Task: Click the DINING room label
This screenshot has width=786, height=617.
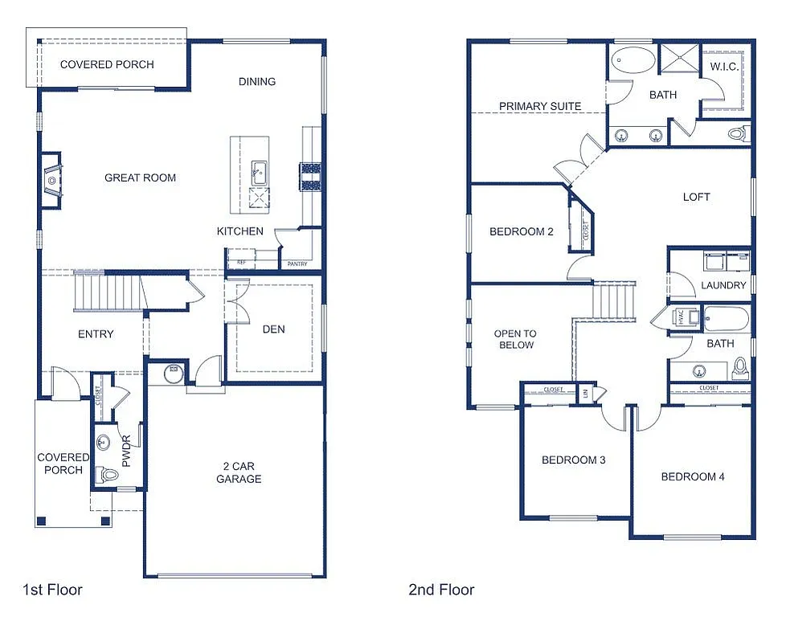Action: click(x=257, y=81)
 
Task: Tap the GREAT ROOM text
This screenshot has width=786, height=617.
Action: click(x=140, y=178)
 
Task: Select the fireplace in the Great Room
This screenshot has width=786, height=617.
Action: click(x=51, y=180)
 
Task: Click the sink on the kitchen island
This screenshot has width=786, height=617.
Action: click(x=260, y=171)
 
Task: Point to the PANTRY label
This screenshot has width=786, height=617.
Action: click(x=296, y=263)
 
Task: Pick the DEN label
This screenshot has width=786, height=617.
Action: click(x=273, y=329)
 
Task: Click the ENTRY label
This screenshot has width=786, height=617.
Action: click(x=96, y=334)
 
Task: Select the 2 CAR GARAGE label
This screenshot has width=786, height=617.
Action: click(x=239, y=472)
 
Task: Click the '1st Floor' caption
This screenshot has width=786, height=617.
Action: click(x=52, y=590)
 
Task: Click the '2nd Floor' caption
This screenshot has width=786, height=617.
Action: click(x=441, y=590)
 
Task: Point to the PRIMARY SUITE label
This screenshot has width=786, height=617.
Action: click(x=540, y=106)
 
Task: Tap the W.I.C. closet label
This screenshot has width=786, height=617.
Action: click(x=724, y=67)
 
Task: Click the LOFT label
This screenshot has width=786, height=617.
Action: click(x=696, y=197)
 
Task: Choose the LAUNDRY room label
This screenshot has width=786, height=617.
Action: click(x=723, y=285)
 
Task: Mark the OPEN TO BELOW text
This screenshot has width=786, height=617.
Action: click(x=514, y=339)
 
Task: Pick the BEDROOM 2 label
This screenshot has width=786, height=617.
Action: click(x=522, y=232)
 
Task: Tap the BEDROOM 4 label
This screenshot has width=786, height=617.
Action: click(x=693, y=476)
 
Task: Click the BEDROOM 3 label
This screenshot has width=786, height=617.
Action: click(x=573, y=460)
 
